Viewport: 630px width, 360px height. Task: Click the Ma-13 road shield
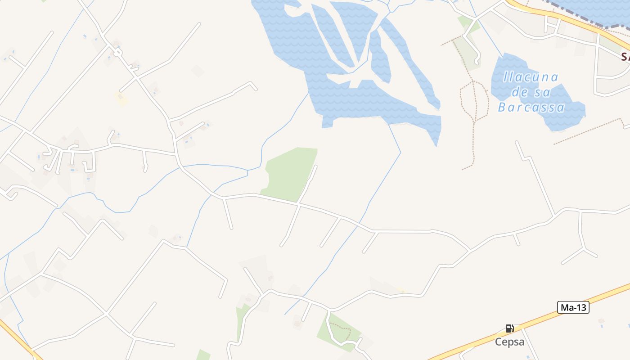pyautogui.click(x=573, y=307)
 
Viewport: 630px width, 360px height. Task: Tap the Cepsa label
pyautogui.click(x=510, y=342)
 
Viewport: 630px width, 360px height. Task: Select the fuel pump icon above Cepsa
pyautogui.click(x=509, y=328)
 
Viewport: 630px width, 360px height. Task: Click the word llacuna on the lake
pyautogui.click(x=531, y=77)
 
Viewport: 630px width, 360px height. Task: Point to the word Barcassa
pyautogui.click(x=531, y=108)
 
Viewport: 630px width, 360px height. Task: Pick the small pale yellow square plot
pyautogui.click(x=121, y=99)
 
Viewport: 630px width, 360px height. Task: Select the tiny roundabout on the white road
pyautogui.click(x=117, y=53)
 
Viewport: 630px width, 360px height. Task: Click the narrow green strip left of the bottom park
pyautogui.click(x=240, y=322)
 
